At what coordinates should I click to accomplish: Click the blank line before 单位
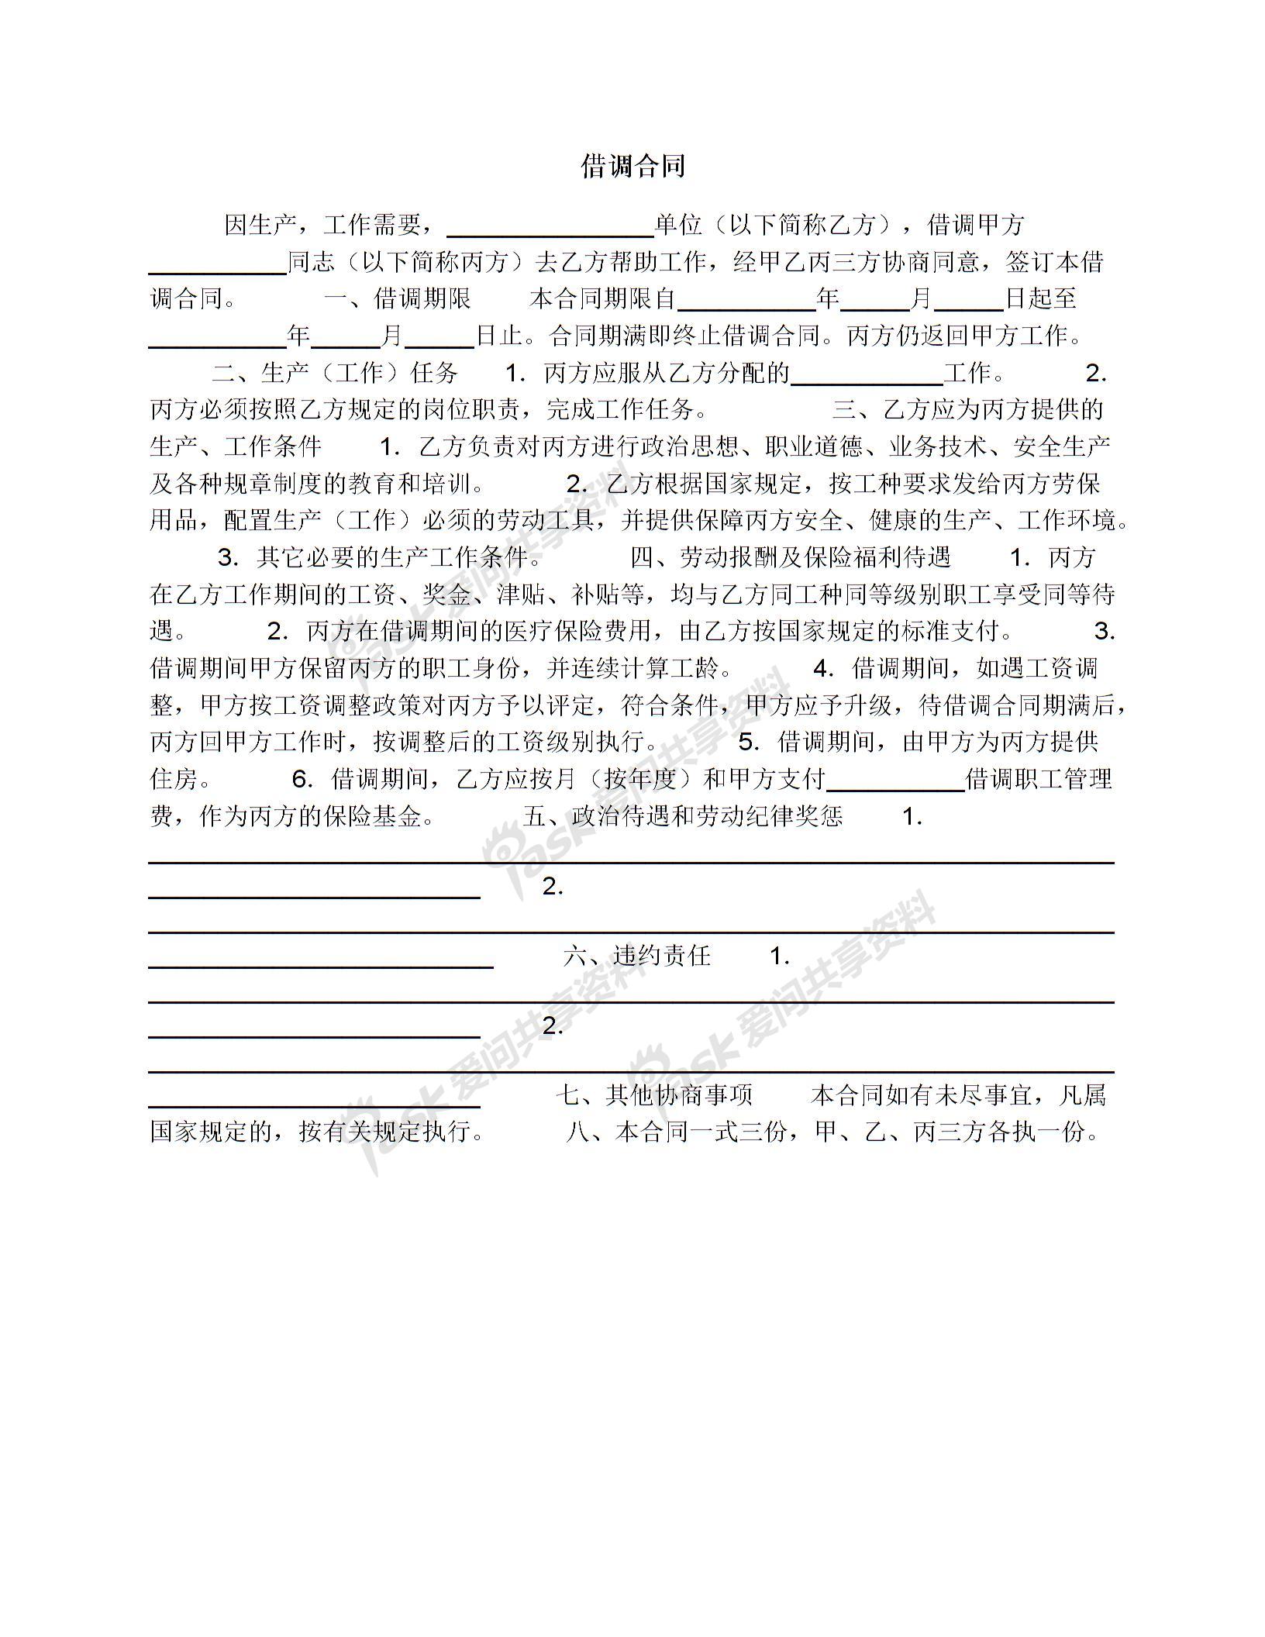pyautogui.click(x=551, y=230)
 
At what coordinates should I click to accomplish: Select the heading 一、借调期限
pyautogui.click(x=397, y=298)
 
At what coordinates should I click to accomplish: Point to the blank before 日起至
pyautogui.click(x=968, y=304)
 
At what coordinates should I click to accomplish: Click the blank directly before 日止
pyautogui.click(x=439, y=341)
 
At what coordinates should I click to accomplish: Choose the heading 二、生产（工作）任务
pyautogui.click(x=336, y=373)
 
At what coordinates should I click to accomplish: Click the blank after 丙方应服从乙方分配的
pyautogui.click(x=867, y=378)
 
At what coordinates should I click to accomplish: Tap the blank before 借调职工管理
pyautogui.click(x=895, y=784)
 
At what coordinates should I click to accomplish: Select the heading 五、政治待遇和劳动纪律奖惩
pyautogui.click(x=683, y=817)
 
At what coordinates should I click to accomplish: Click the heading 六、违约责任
pyautogui.click(x=636, y=956)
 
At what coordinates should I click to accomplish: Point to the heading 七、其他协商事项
pyautogui.click(x=655, y=1095)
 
